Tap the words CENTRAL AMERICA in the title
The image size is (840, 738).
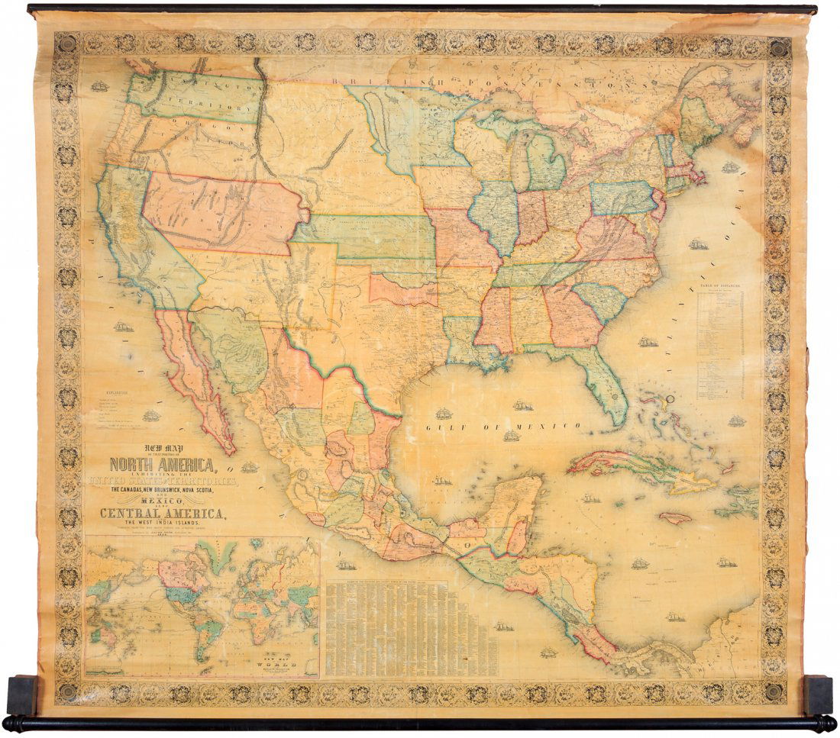pyautogui.click(x=161, y=513)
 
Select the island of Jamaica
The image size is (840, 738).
pyautogui.click(x=675, y=517)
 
